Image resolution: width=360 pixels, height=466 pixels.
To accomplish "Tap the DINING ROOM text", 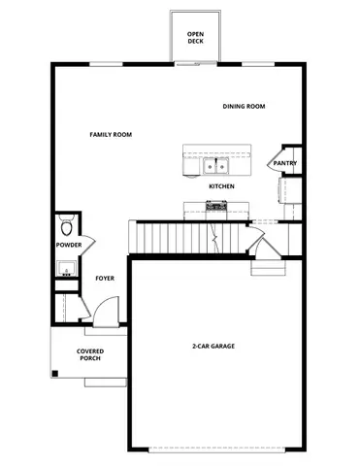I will pos(244,107).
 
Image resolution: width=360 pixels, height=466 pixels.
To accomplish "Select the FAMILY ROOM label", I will pos(111,135).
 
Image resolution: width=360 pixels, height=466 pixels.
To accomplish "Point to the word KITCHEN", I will pos(221,185).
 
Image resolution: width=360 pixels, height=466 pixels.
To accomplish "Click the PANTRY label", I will pos(285,163).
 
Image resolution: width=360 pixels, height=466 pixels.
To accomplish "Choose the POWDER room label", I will pos(69,245).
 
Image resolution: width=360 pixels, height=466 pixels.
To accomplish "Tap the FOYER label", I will pos(105,279).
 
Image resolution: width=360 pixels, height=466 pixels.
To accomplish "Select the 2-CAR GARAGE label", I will pos(213,347).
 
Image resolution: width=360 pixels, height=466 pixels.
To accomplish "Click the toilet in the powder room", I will pos(66,226).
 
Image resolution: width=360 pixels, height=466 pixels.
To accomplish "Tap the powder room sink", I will pos(66,267).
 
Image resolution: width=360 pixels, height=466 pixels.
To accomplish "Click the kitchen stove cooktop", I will pos(215,206).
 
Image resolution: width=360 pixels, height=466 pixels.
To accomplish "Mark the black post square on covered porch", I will pos(55,373).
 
